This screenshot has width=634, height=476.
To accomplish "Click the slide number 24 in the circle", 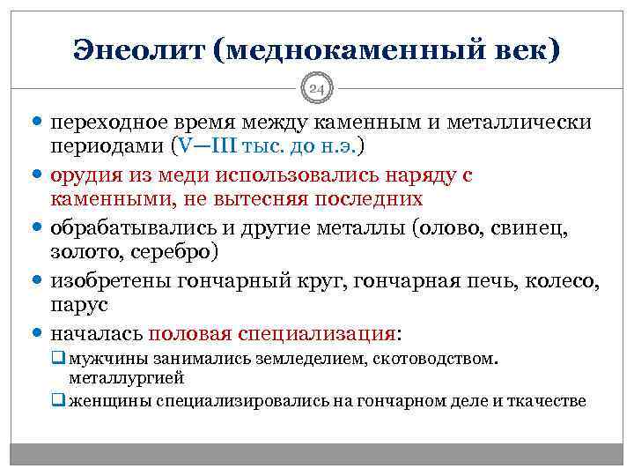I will click(x=317, y=87).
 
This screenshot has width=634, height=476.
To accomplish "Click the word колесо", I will click(x=567, y=282).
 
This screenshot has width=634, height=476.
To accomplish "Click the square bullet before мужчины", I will click(x=57, y=361).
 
